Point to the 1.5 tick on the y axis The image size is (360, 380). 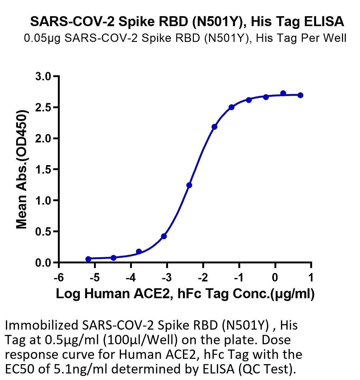tap(55, 169)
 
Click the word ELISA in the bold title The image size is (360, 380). tap(324, 21)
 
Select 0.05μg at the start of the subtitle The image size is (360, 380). tap(42, 38)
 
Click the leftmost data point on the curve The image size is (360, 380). tap(88, 259)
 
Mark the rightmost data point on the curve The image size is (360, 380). tap(301, 95)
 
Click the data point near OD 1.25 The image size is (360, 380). tap(189, 185)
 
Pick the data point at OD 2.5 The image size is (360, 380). tap(231, 107)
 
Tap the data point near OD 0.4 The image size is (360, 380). tap(164, 236)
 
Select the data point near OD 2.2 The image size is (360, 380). tap(214, 127)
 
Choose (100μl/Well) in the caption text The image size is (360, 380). tap(140, 340)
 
